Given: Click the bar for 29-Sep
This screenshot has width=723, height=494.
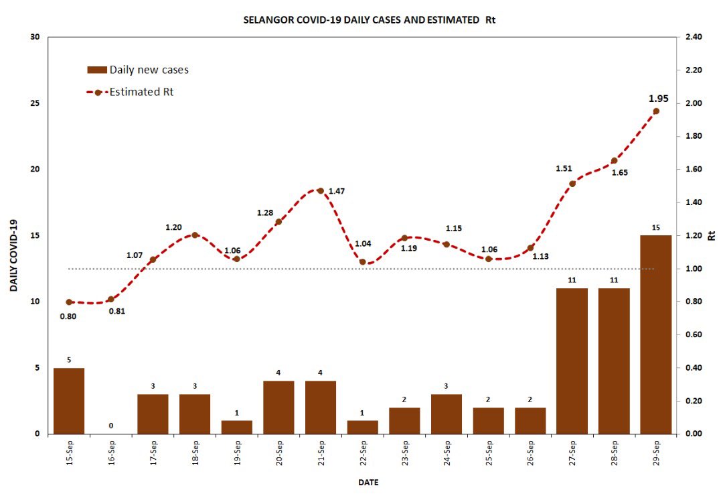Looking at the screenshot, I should coord(655,334).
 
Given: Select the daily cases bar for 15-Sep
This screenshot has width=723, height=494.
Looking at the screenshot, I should coord(69,401).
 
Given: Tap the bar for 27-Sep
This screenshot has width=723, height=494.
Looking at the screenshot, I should coord(572,361).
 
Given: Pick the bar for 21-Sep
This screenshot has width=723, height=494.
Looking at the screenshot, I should coord(321,407).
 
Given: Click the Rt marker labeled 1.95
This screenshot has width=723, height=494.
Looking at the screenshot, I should coord(656,111).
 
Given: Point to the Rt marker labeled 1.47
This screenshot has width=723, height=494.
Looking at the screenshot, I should coord(320,191).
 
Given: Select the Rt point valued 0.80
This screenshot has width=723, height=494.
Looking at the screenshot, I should coord(69,302).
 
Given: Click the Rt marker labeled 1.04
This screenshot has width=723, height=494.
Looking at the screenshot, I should coord(362,262).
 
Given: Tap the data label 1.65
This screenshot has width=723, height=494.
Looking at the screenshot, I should coord(619,172).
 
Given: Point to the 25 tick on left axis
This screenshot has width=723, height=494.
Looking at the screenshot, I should coord(34,103).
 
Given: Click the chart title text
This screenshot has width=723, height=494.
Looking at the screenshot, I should coord(370,20).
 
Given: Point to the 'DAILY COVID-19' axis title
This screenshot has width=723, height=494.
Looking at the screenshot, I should coord(13,255).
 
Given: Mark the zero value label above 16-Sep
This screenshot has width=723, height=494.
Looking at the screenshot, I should coord(111,426).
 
